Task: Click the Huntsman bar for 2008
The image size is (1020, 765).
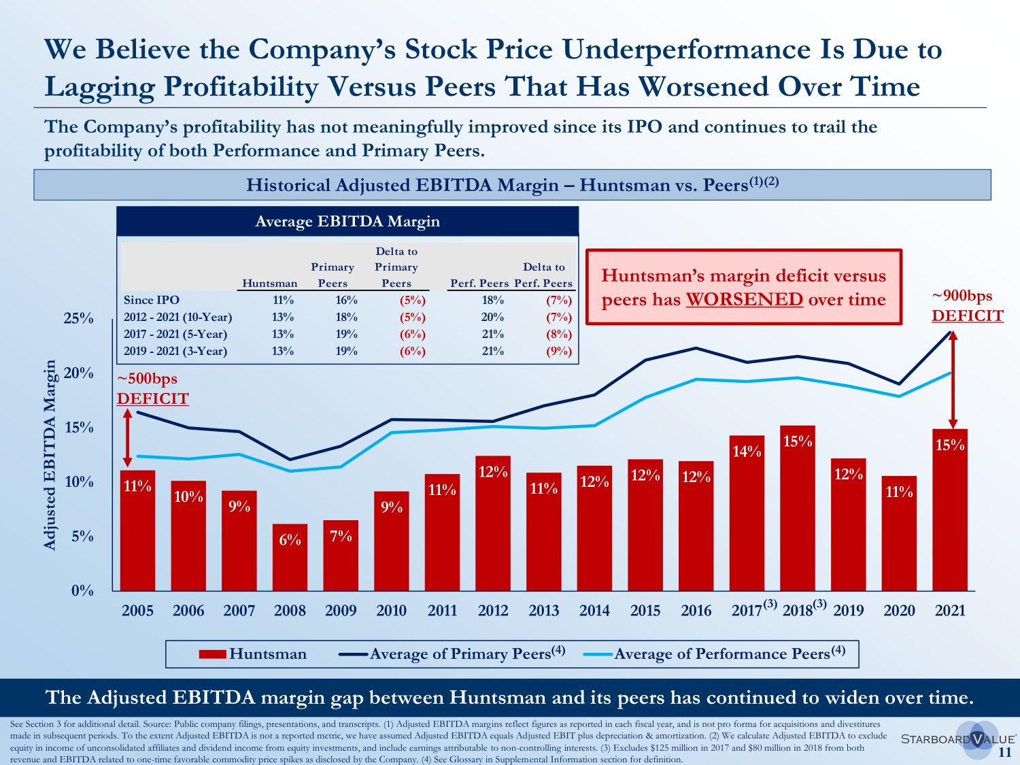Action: [x=290, y=558]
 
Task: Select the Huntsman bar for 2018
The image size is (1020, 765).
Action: [x=798, y=510]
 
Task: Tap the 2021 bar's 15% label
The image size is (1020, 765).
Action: [x=950, y=445]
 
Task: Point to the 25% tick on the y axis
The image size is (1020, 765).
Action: [x=79, y=318]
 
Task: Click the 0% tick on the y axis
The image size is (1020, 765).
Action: [x=82, y=590]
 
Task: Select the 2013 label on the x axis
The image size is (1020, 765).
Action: [x=544, y=611]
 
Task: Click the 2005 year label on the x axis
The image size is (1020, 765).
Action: [x=137, y=611]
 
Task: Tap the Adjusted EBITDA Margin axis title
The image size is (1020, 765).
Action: [x=50, y=455]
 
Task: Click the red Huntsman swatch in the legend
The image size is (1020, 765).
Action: [x=212, y=654]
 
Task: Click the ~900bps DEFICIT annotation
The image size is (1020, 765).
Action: [x=967, y=306]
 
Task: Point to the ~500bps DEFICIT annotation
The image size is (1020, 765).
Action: [x=152, y=389]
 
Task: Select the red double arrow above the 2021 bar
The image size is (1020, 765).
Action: [x=953, y=379]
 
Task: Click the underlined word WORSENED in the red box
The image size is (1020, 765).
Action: [x=744, y=300]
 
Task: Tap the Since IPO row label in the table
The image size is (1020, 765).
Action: [x=152, y=300]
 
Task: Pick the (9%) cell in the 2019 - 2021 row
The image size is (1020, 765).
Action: [x=559, y=352]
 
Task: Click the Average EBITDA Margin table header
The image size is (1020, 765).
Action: [x=347, y=222]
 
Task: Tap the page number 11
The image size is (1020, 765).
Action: [x=1005, y=752]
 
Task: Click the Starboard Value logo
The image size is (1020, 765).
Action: [x=957, y=739]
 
